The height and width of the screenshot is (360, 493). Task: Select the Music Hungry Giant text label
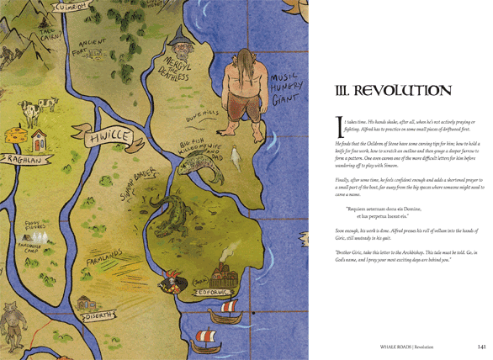(x=288, y=84)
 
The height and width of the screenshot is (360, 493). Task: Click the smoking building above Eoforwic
(x=223, y=272)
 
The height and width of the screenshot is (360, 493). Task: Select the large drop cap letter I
(x=340, y=127)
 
